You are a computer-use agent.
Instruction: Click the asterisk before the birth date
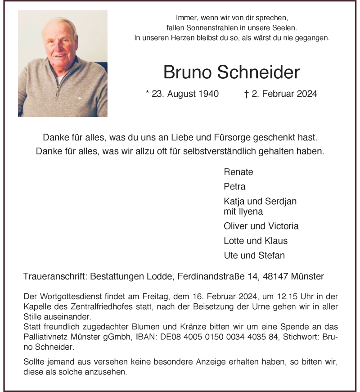click(148, 93)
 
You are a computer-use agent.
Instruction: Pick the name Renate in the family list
click(238, 172)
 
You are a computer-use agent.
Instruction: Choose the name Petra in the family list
click(234, 186)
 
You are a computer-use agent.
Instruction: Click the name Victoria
click(282, 226)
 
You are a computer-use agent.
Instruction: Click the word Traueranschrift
click(54, 276)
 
